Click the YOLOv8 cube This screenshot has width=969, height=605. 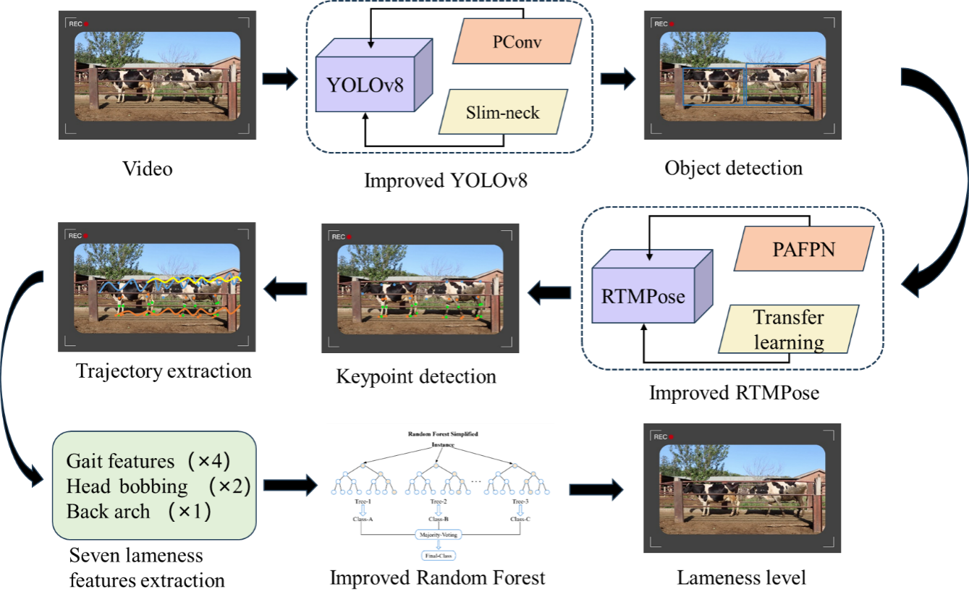[365, 85]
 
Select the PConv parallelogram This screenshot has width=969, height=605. [517, 42]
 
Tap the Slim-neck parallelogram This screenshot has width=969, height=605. [503, 111]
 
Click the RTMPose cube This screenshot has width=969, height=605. [643, 295]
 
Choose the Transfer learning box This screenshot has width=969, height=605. [789, 329]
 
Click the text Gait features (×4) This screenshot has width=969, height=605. [149, 461]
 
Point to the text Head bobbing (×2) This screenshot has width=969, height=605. [158, 486]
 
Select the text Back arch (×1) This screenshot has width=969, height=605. [138, 512]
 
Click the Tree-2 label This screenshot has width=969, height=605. [439, 502]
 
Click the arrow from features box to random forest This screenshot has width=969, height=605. [289, 486]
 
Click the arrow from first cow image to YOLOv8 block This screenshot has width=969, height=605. [279, 79]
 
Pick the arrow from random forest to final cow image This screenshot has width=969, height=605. [596, 490]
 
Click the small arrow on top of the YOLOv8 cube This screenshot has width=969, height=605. [371, 43]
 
